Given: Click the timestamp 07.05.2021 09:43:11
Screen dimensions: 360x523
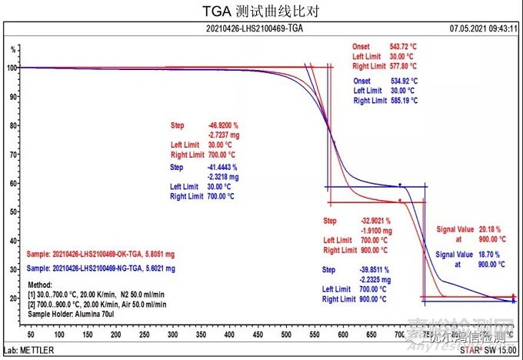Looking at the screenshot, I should click(482, 29).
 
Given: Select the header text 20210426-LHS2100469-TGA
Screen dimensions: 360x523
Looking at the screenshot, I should click(261, 29).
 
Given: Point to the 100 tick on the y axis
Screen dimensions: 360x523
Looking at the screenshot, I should click(12, 68).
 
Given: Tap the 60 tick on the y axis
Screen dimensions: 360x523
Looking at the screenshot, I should click(12, 183).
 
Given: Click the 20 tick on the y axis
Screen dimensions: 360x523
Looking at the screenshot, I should click(12, 298).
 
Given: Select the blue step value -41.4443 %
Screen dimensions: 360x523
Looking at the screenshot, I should click(223, 167).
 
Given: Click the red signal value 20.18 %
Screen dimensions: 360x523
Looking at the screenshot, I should click(490, 229).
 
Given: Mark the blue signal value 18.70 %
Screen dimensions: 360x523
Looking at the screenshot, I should click(490, 254).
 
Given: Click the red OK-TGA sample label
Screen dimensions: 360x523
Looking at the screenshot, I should click(100, 253).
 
